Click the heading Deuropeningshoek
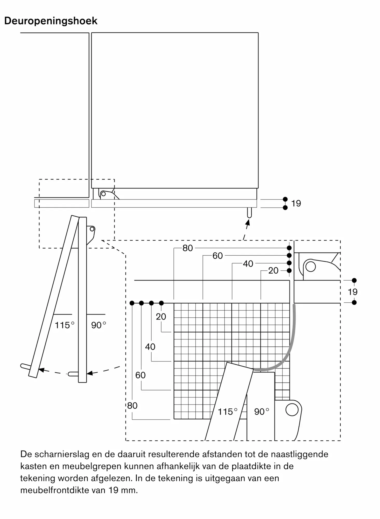[51, 21]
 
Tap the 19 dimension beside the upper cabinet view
[296, 203]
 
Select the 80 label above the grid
[188, 248]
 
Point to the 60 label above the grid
[217, 256]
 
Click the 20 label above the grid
[273, 271]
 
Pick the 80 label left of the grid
[132, 406]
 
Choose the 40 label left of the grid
[150, 347]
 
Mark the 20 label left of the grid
[161, 317]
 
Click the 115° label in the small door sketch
[65, 325]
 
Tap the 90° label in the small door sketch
[98, 325]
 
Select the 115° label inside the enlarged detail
[228, 412]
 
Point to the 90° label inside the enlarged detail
[262, 412]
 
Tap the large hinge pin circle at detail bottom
[292, 410]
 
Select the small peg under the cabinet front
[249, 213]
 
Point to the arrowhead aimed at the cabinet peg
[248, 222]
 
